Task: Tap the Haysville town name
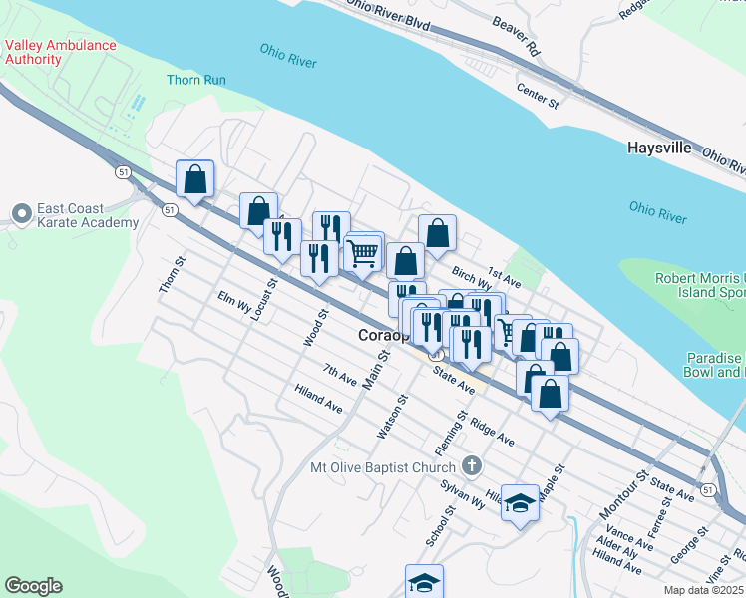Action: pyautogui.click(x=659, y=148)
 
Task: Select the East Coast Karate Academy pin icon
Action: pyautogui.click(x=21, y=214)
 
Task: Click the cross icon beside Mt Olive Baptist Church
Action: pyautogui.click(x=473, y=465)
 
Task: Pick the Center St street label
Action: pyautogui.click(x=537, y=95)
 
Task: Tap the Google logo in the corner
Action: pyautogui.click(x=33, y=585)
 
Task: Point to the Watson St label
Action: pyautogui.click(x=390, y=418)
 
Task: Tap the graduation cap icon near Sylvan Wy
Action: pyautogui.click(x=520, y=504)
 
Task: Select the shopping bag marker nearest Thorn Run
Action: pyautogui.click(x=195, y=180)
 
